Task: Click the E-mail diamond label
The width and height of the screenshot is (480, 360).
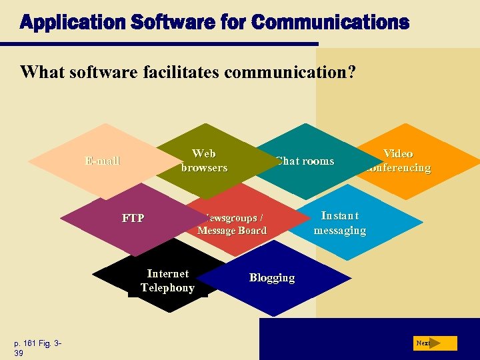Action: pyautogui.click(x=102, y=160)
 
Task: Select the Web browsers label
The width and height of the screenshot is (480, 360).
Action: pyautogui.click(x=204, y=161)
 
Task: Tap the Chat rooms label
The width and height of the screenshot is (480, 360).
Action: pyautogui.click(x=305, y=161)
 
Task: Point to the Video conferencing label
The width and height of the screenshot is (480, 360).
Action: pyautogui.click(x=398, y=161)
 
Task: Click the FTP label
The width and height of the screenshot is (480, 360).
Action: pyautogui.click(x=133, y=218)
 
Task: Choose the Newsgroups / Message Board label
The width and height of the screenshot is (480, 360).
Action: pyautogui.click(x=232, y=224)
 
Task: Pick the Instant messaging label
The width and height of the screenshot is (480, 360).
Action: pyautogui.click(x=340, y=223)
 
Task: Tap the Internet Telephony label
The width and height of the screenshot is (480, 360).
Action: pyautogui.click(x=167, y=281)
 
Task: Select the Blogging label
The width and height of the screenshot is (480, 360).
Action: pyautogui.click(x=272, y=277)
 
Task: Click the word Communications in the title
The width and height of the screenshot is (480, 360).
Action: pyautogui.click(x=330, y=23)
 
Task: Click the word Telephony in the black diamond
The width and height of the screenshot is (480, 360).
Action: pyautogui.click(x=167, y=287)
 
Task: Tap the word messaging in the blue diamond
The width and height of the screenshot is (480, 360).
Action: pyautogui.click(x=340, y=230)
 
